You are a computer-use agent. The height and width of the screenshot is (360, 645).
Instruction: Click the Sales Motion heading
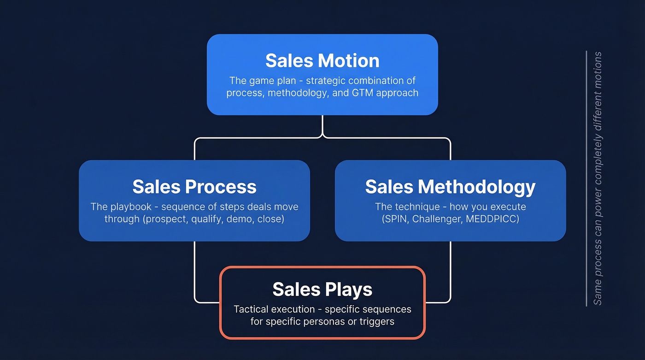click(322, 61)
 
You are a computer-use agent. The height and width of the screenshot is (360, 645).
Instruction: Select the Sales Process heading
click(194, 187)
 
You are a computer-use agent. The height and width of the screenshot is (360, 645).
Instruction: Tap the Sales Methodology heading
click(450, 187)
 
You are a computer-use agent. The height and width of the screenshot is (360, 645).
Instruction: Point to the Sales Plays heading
click(322, 289)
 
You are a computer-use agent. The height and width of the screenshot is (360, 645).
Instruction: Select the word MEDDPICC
click(493, 219)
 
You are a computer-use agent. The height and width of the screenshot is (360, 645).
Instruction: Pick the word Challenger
click(436, 219)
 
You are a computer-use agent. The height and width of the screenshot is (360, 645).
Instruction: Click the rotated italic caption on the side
click(598, 178)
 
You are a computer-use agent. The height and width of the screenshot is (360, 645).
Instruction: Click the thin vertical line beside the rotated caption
click(586, 178)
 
